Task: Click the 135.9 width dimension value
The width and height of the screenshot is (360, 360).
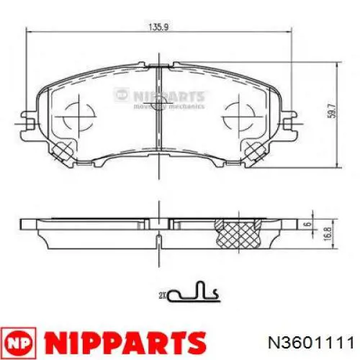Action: click(152, 29)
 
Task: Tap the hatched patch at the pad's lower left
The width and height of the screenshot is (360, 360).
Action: click(60, 149)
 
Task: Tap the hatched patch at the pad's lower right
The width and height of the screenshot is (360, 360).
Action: click(256, 149)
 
